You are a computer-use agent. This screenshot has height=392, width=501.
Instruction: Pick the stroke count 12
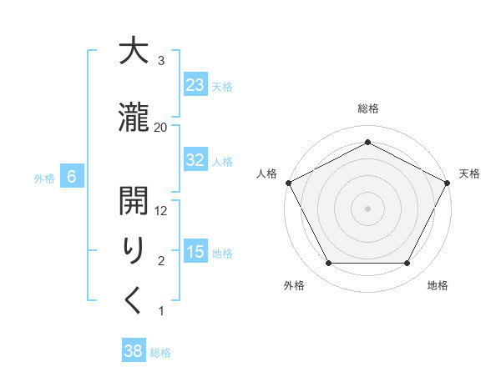(161, 211)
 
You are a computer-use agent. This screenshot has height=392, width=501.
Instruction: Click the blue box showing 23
(195, 85)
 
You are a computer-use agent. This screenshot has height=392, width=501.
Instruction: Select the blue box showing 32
(195, 160)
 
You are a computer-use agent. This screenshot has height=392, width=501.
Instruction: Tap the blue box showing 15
(195, 252)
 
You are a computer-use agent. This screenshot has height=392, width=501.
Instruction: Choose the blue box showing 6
(72, 177)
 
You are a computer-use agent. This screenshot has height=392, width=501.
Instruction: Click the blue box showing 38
(133, 351)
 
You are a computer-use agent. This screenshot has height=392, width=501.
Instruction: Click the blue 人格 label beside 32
(221, 162)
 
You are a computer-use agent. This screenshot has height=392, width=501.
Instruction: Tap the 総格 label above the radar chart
(367, 108)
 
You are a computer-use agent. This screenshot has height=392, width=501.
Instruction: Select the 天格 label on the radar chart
(469, 173)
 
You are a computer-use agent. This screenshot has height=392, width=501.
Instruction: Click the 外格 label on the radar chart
(294, 286)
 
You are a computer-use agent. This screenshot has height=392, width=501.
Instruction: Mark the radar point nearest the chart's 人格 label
(288, 182)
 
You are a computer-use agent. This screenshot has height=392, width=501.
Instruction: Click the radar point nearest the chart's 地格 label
(407, 264)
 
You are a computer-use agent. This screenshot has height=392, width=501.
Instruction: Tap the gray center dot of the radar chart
(367, 208)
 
